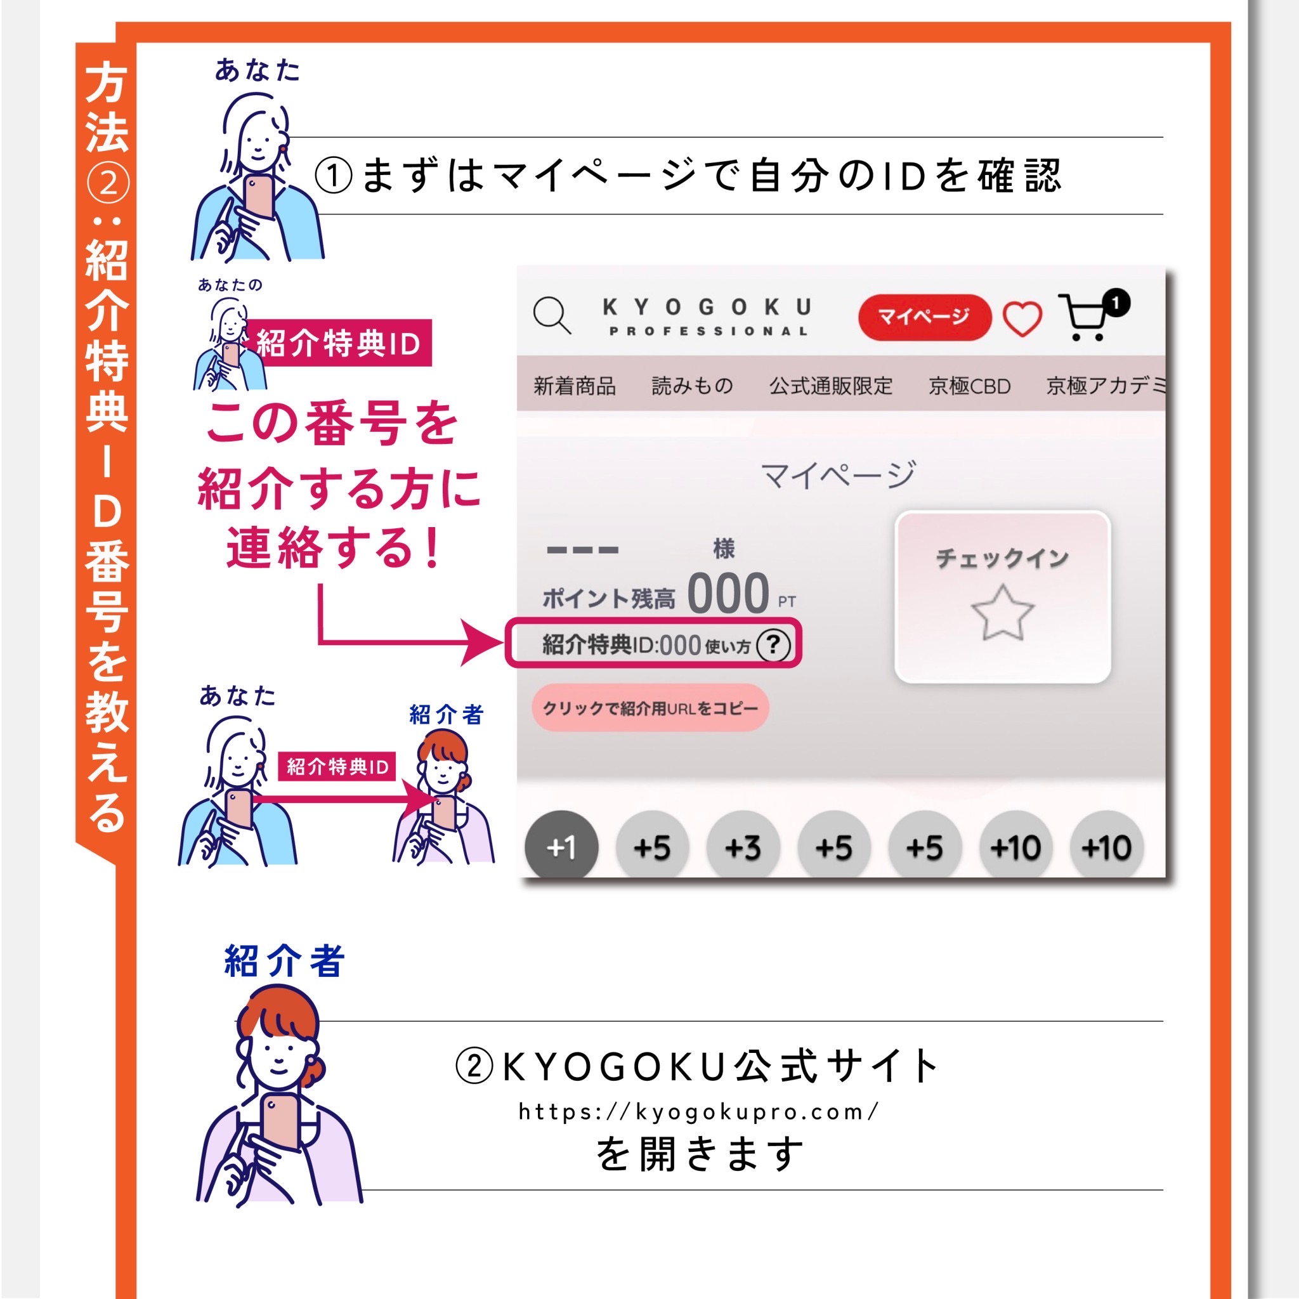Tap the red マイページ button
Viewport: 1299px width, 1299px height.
[x=925, y=317]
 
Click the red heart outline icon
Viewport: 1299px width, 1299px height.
[x=1022, y=318]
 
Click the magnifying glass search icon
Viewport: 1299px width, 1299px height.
[x=552, y=315]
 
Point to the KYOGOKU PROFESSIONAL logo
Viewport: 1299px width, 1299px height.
[x=707, y=317]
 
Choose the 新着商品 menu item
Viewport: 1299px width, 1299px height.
[x=575, y=386]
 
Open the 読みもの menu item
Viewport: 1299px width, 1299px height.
[x=693, y=386]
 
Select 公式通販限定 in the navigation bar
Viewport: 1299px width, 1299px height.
[x=831, y=386]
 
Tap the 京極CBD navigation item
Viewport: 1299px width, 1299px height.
[x=970, y=386]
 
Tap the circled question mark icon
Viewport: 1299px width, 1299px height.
[x=773, y=645]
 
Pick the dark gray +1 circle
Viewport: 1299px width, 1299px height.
[x=561, y=847]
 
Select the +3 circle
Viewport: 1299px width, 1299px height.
[x=743, y=847]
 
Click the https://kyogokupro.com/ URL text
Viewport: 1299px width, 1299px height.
[x=698, y=1111]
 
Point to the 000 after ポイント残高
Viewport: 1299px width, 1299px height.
[x=728, y=593]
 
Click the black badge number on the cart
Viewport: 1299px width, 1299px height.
[x=1116, y=303]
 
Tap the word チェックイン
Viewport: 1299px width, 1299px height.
[x=1003, y=558]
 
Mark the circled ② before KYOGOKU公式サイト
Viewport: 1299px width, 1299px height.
[x=474, y=1066]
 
